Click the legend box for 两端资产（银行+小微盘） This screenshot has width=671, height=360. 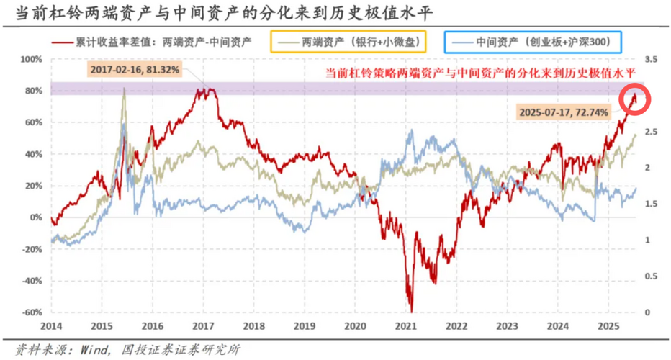tap(348, 42)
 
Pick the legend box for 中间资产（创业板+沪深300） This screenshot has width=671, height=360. tap(533, 42)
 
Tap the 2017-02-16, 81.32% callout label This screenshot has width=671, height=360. tap(135, 70)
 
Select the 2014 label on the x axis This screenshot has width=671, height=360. tap(50, 326)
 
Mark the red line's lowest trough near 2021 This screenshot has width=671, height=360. tap(412, 311)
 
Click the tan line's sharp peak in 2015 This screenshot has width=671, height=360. tap(124, 89)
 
